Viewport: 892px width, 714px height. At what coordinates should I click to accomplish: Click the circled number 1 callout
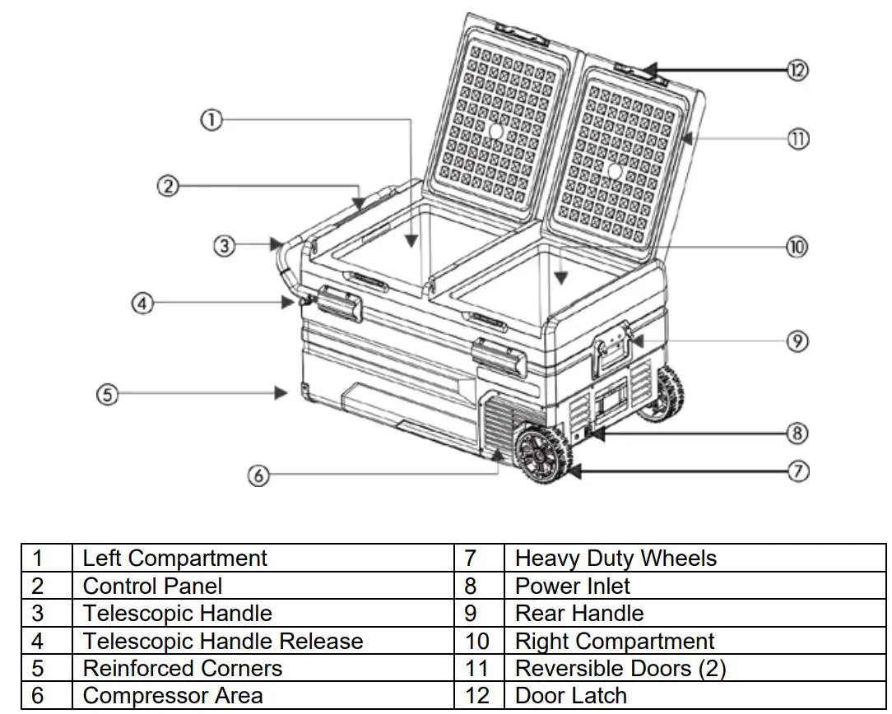[211, 120]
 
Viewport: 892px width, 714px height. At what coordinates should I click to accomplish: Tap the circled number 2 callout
[168, 187]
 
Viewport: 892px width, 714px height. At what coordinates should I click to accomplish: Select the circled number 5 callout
[108, 395]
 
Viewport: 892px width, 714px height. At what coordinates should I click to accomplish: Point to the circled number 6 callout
[258, 475]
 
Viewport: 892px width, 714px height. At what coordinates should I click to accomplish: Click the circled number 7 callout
[797, 471]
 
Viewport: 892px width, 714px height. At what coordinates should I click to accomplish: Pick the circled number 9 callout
[797, 341]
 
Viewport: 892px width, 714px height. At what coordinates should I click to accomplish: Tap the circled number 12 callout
[797, 70]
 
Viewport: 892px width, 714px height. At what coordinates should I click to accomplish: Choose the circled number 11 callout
[797, 139]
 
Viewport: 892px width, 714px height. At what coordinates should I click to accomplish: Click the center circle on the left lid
[495, 131]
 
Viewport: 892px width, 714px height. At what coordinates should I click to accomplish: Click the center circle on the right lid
[614, 170]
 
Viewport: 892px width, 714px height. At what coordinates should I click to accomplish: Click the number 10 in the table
[477, 641]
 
